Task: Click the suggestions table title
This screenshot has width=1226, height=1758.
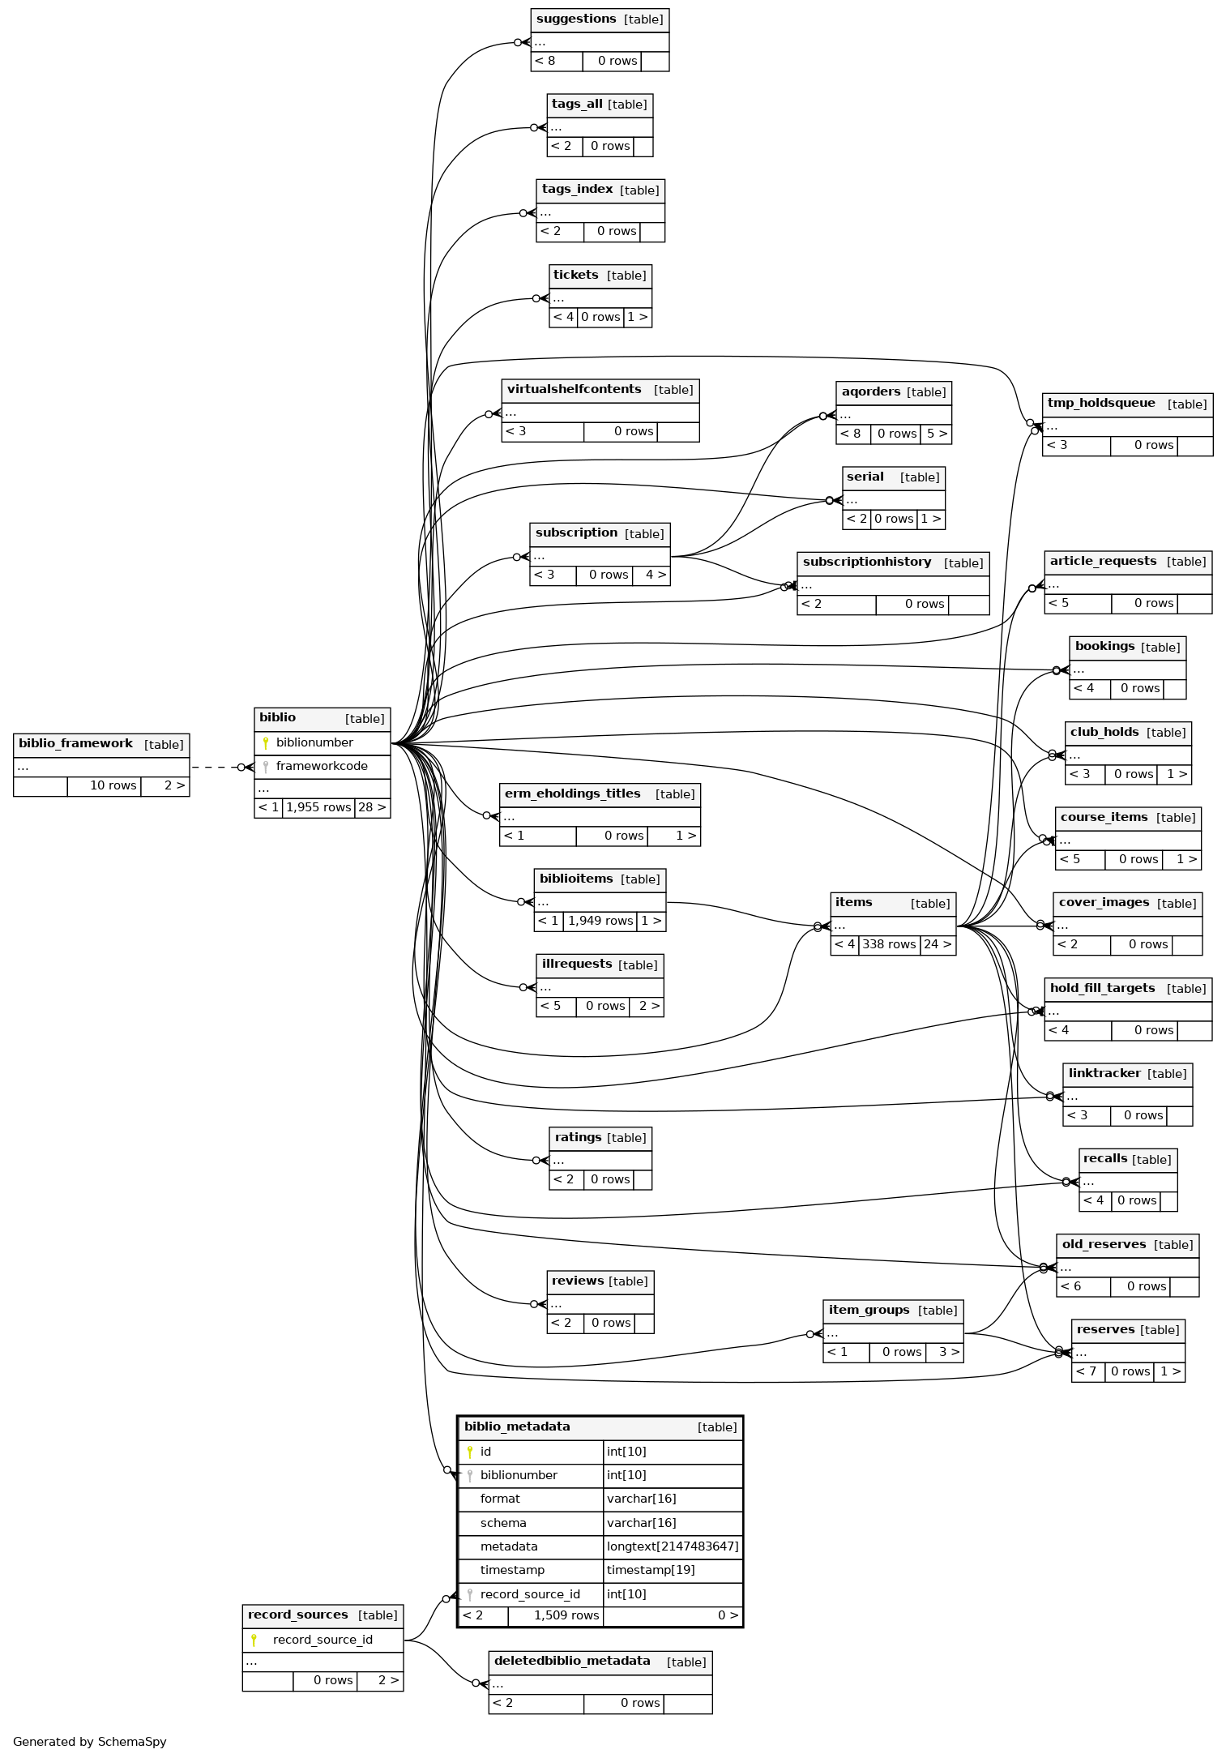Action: (x=576, y=19)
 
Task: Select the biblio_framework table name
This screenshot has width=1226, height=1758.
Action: (x=75, y=744)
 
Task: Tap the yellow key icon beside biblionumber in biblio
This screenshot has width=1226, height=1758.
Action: (x=265, y=743)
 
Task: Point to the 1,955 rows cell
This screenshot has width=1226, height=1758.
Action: (x=318, y=808)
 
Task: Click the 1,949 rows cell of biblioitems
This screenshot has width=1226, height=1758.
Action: (x=600, y=922)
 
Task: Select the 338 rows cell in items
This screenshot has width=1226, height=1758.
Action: (x=889, y=945)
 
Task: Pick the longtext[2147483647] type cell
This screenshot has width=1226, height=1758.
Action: (x=673, y=1547)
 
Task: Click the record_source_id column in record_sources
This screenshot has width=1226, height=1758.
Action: (x=323, y=1640)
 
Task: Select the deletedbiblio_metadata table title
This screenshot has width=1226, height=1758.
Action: (x=572, y=1662)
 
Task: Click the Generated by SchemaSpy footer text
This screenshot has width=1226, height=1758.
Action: (x=90, y=1742)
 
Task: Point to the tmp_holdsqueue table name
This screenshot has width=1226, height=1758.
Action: (x=1101, y=404)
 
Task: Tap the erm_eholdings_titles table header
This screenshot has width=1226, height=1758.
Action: (x=573, y=794)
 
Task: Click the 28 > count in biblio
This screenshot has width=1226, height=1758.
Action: (x=372, y=808)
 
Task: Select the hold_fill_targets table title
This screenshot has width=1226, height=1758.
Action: (x=1102, y=989)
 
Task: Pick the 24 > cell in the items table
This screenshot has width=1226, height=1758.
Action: (x=938, y=945)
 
